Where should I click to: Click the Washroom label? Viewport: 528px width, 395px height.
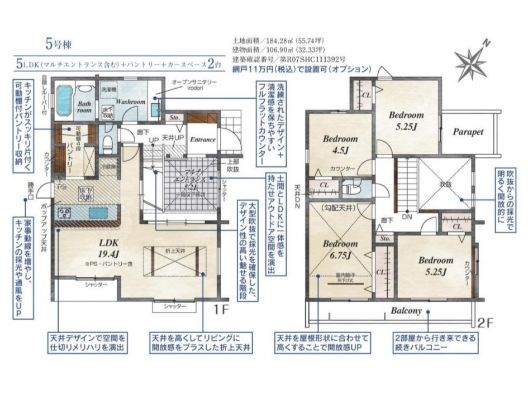[x=131, y=102]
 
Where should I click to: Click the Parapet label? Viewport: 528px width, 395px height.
[x=468, y=132]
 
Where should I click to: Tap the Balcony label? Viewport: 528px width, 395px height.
[x=406, y=311]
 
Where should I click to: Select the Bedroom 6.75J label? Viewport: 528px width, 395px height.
[x=340, y=250]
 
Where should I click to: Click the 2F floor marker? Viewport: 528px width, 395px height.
[x=484, y=322]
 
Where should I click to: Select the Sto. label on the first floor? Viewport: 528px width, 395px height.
[x=174, y=118]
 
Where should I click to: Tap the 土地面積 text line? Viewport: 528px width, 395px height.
[x=278, y=41]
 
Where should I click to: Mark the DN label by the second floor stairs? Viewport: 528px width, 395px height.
[x=408, y=217]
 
